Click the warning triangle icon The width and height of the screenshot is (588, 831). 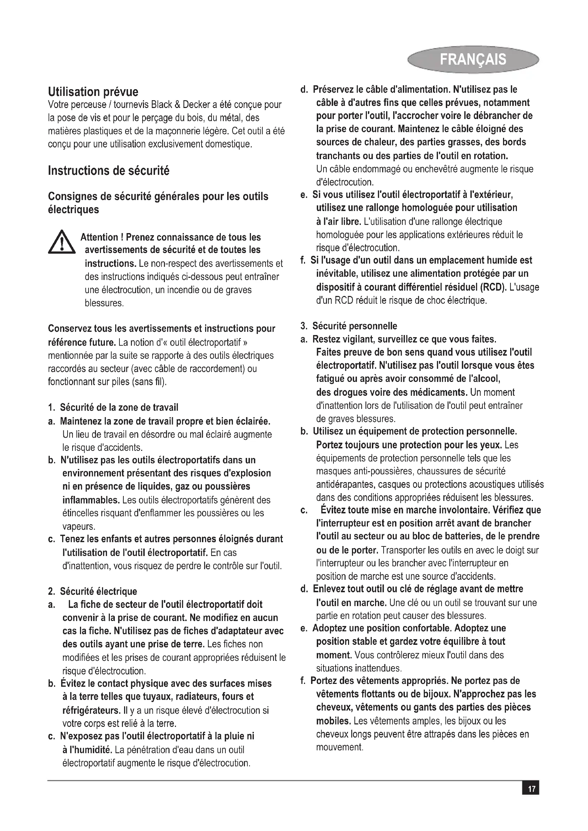(x=62, y=242)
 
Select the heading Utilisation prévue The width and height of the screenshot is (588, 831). (x=93, y=92)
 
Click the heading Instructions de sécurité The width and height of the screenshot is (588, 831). (x=109, y=171)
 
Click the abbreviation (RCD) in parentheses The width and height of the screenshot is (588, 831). (x=493, y=287)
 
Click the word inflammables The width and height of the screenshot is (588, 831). (x=91, y=500)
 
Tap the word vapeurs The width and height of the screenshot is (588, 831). (x=79, y=526)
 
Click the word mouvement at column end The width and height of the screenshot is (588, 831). (x=339, y=747)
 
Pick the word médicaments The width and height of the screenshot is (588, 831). (x=438, y=392)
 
